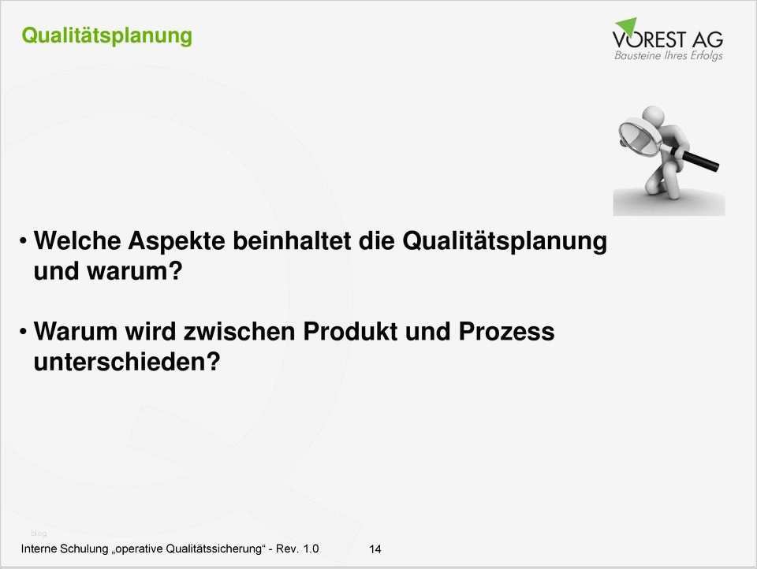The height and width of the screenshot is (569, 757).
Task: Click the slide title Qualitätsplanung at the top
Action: click(106, 35)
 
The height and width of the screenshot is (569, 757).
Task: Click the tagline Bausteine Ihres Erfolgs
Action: click(668, 56)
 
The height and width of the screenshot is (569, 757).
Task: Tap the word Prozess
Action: click(506, 332)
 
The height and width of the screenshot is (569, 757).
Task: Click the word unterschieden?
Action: click(126, 363)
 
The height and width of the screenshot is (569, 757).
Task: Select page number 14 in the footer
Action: click(375, 549)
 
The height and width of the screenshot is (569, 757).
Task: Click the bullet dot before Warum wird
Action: click(24, 329)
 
